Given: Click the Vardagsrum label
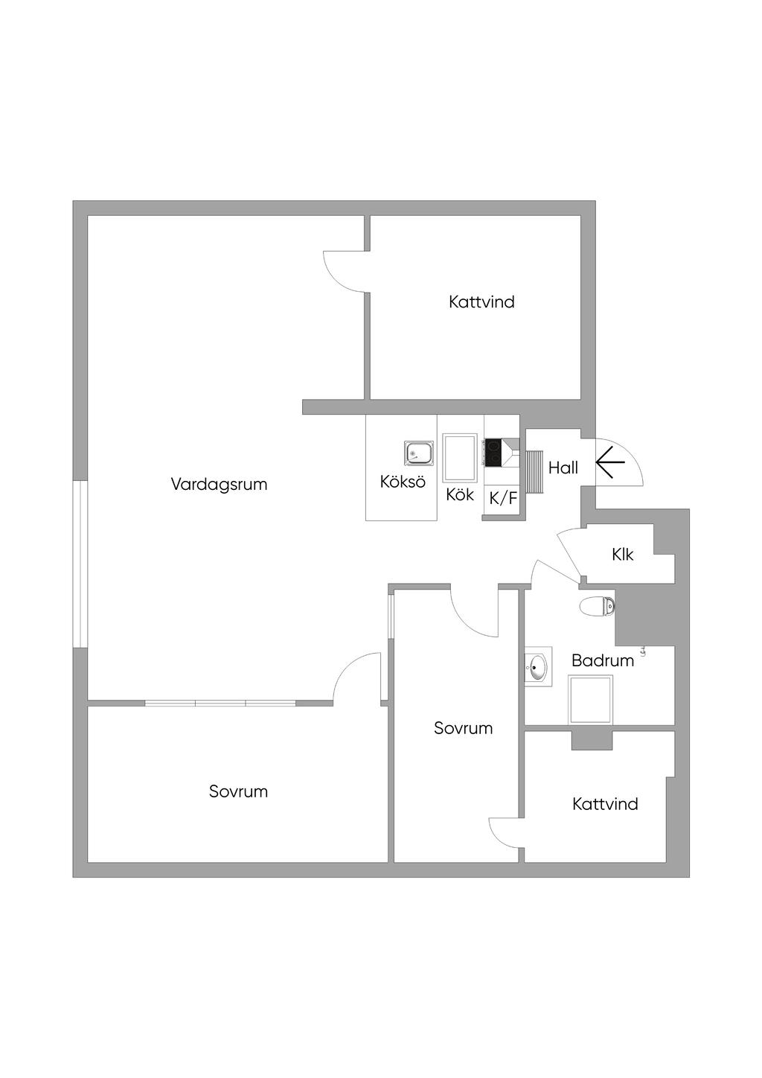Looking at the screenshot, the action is pyautogui.click(x=219, y=484).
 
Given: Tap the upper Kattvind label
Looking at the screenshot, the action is pyautogui.click(x=481, y=302).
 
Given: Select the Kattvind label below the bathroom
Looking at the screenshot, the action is pyautogui.click(x=605, y=804).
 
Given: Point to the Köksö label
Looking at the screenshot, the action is pyautogui.click(x=403, y=481).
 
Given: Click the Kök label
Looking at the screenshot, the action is pyautogui.click(x=460, y=494).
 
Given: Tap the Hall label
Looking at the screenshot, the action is pyautogui.click(x=563, y=468).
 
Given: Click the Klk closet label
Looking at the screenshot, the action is pyautogui.click(x=622, y=554).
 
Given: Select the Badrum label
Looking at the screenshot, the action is pyautogui.click(x=603, y=660).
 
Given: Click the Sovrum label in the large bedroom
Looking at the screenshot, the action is pyautogui.click(x=238, y=791).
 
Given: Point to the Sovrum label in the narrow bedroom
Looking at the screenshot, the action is pyautogui.click(x=463, y=728).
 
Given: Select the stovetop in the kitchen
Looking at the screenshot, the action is pyautogui.click(x=493, y=452).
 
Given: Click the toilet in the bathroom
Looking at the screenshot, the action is pyautogui.click(x=598, y=606).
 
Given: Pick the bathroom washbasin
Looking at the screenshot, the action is pyautogui.click(x=537, y=667).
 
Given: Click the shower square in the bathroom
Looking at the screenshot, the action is pyautogui.click(x=591, y=699).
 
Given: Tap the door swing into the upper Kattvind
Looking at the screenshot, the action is pyautogui.click(x=344, y=270).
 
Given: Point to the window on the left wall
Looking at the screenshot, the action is pyautogui.click(x=80, y=563).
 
